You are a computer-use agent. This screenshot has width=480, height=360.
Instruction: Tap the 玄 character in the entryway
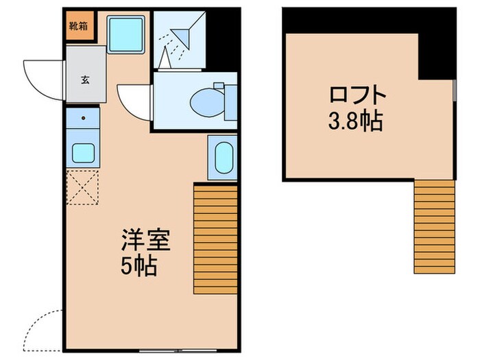coord(85,79)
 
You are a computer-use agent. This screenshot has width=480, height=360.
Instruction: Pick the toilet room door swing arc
coord(134,101)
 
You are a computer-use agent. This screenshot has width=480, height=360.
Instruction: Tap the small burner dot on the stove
coord(83,118)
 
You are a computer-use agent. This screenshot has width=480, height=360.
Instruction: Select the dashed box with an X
coord(83,187)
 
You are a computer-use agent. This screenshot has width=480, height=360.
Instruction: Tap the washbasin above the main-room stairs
coord(222,158)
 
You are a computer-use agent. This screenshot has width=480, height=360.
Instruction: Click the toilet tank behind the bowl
coord(219,88)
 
